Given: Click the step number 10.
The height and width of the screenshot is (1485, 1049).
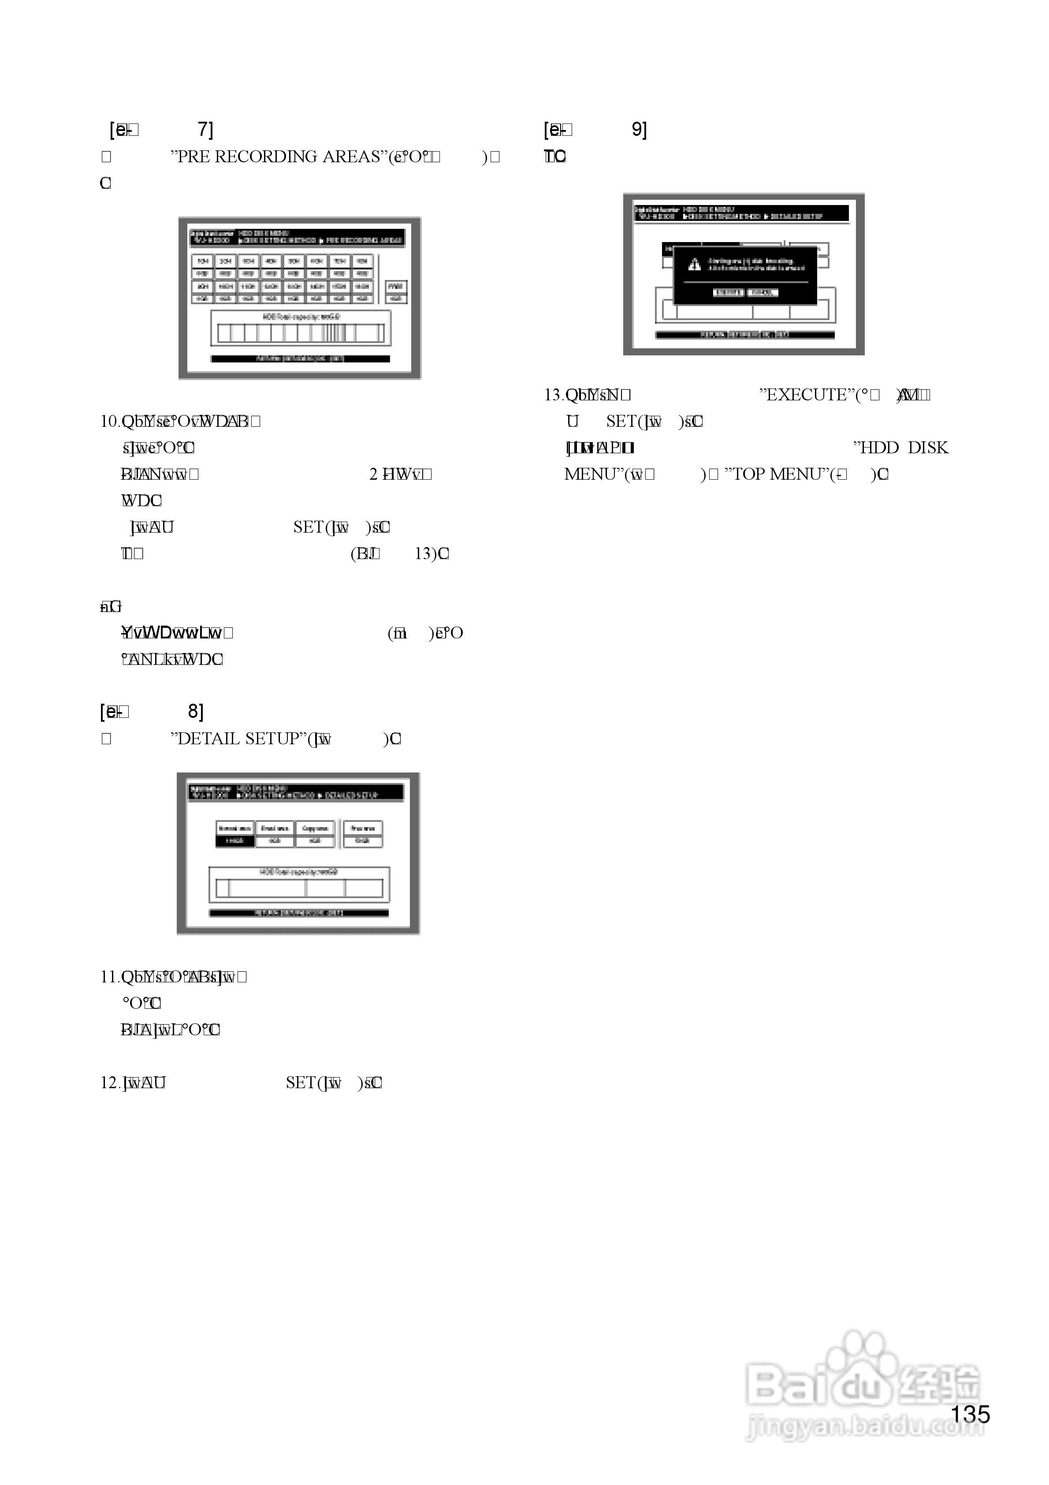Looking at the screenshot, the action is coord(109,422).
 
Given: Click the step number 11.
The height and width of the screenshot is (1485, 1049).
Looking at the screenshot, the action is coord(109,977).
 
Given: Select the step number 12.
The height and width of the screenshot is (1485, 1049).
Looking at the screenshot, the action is coord(109,1083).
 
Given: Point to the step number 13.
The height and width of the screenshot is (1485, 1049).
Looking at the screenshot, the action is coord(554,395).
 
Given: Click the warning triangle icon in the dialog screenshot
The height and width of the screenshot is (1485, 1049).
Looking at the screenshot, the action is coord(694,264).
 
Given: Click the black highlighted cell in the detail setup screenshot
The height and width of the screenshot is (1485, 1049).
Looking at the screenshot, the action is coord(235,841).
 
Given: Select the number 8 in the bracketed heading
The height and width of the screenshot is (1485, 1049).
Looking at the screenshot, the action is coord(195,712).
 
